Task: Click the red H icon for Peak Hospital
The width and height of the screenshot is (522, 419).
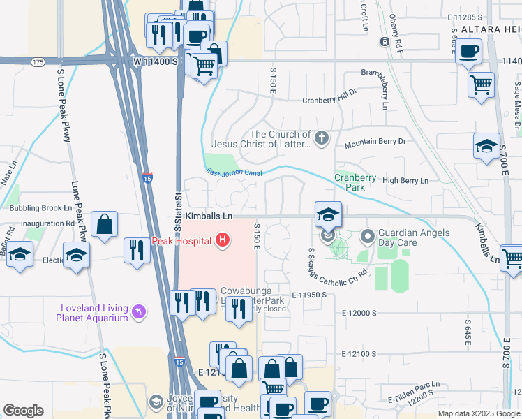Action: click(223, 241)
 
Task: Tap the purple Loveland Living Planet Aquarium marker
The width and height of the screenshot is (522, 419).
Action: click(139, 311)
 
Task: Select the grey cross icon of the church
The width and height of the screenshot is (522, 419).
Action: click(321, 138)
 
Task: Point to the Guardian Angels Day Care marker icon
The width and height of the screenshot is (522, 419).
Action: click(368, 237)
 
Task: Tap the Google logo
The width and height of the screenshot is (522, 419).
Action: click(23, 411)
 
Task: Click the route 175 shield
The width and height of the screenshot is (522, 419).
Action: click(38, 62)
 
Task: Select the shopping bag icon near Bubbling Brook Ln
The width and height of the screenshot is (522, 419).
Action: click(104, 225)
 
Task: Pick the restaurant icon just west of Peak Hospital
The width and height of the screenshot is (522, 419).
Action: click(135, 250)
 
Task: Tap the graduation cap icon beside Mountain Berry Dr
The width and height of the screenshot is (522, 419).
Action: click(486, 146)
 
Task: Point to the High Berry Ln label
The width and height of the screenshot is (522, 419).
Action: click(405, 181)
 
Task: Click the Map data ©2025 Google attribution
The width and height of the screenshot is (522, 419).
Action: click(479, 413)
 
